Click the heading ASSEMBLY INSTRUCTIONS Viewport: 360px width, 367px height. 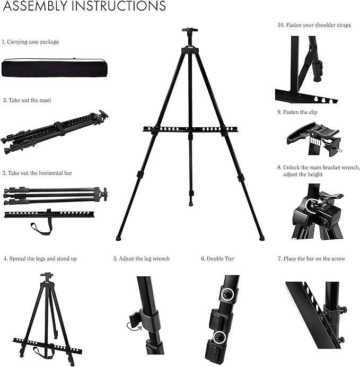(x=84, y=7)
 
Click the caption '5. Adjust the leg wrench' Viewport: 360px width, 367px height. (x=141, y=259)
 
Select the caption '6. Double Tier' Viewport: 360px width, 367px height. (x=217, y=259)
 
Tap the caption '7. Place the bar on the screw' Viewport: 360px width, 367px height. (x=312, y=259)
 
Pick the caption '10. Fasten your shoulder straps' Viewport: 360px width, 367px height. (x=314, y=25)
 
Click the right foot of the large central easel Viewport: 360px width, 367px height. (x=261, y=238)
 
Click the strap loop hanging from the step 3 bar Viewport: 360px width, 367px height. (x=42, y=229)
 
